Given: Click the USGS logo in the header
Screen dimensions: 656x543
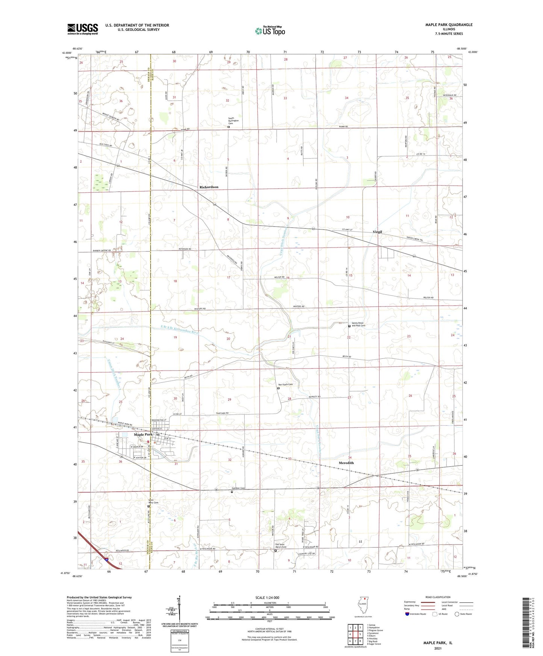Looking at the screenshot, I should click(83, 29).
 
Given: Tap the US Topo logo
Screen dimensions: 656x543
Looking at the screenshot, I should click(270, 31).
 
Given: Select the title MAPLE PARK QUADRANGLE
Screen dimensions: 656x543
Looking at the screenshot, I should click(449, 25).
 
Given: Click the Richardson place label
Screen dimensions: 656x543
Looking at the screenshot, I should click(209, 187).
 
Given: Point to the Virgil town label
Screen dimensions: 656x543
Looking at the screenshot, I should click(377, 232).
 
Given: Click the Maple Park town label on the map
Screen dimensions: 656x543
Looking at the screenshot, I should click(143, 434).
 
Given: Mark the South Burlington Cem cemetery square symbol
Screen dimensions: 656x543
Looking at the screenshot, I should click(228, 127).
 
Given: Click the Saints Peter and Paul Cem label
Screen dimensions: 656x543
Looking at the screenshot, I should click(358, 324).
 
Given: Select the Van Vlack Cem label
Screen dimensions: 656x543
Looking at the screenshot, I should click(285, 384).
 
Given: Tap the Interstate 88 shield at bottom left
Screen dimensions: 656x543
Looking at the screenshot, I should click(107, 559).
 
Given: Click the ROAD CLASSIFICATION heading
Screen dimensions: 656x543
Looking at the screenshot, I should click(438, 597).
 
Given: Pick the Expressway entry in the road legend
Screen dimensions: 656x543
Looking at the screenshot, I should click(410, 602).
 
